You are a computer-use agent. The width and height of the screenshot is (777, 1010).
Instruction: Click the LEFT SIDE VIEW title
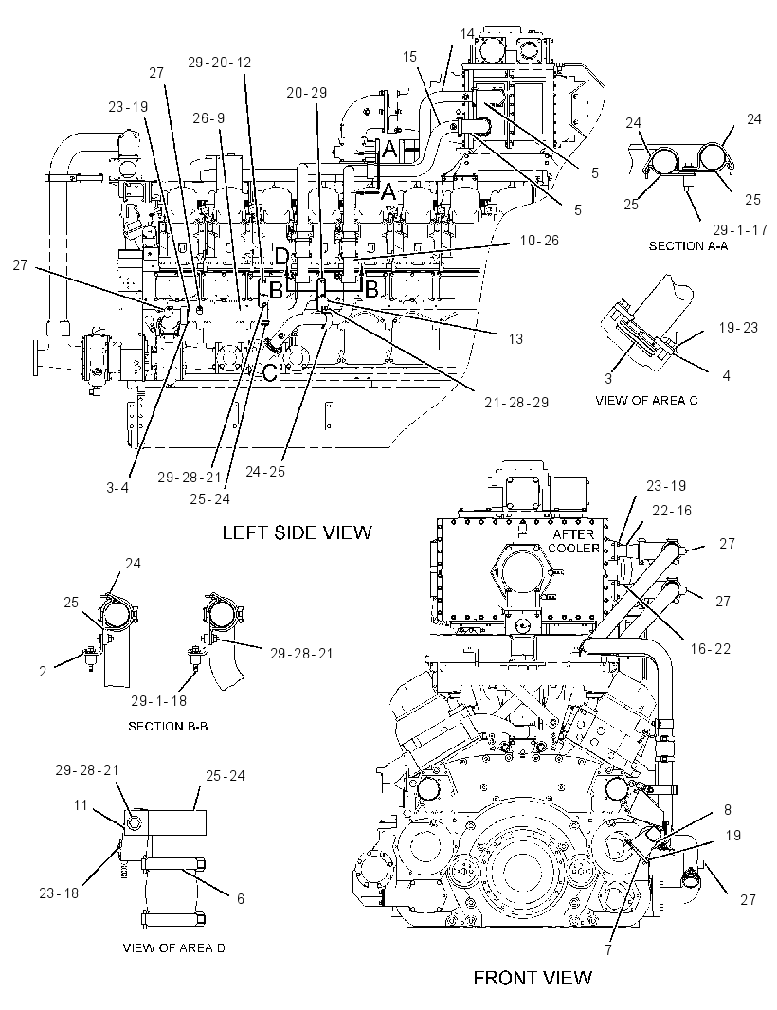pos(297,532)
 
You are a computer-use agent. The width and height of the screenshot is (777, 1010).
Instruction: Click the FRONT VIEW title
pos(533,978)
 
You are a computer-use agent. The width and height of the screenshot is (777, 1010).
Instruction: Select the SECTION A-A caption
pos(688,246)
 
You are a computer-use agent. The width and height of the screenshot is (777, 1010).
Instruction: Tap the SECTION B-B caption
pos(168,726)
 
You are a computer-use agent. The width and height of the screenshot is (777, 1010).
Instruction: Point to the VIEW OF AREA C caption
pos(646,400)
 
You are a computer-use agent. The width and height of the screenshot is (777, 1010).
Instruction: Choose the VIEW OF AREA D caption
pos(174,947)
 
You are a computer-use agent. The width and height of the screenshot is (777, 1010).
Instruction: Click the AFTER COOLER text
pos(573,541)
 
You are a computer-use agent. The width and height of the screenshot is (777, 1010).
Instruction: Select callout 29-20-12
pos(219,63)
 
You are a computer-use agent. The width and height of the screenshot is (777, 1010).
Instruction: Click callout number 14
pos(467,33)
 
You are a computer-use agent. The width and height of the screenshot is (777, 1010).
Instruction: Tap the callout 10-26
pos(540,241)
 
